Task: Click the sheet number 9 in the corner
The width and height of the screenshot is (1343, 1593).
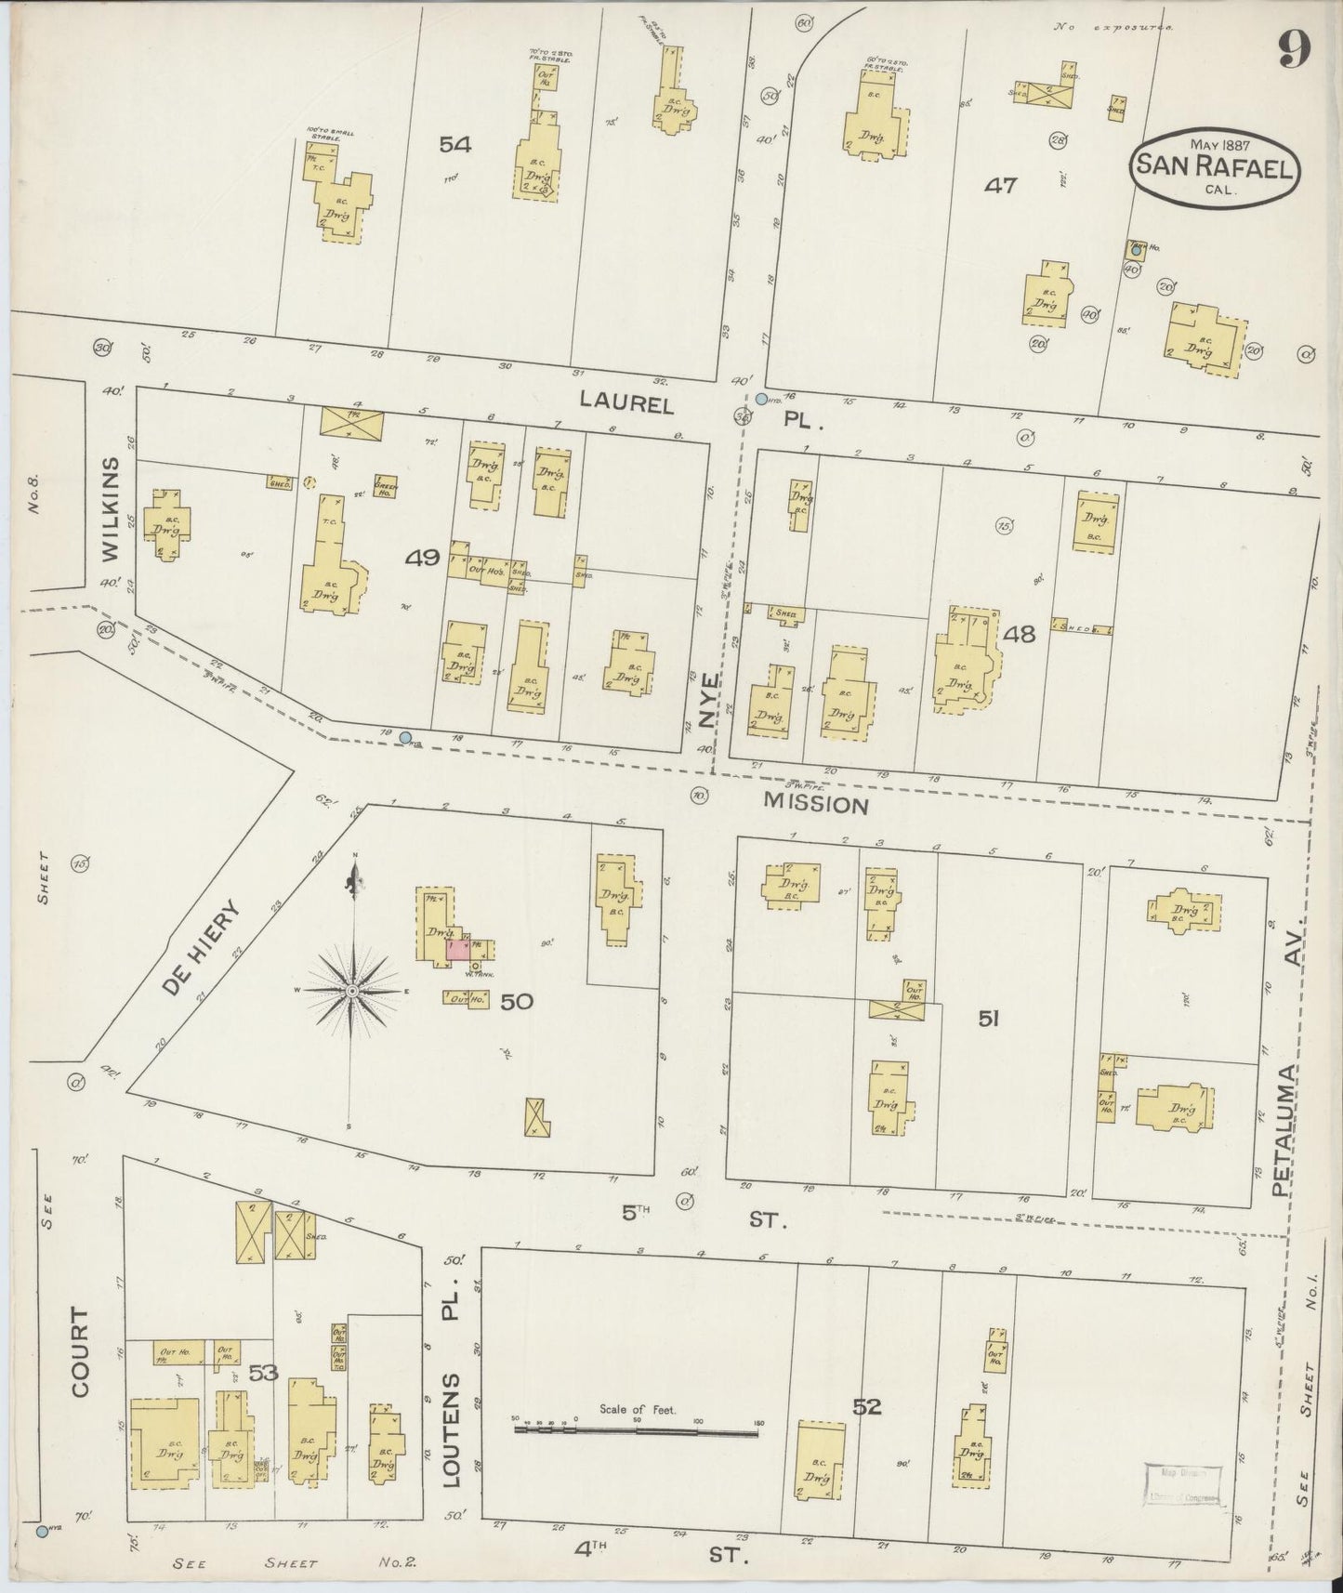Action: click(x=1293, y=50)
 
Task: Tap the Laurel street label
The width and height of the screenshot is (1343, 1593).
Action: click(x=625, y=402)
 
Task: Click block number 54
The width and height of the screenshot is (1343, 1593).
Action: click(x=455, y=144)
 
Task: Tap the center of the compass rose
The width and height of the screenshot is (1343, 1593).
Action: click(x=353, y=993)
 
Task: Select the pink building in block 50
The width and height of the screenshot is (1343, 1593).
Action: click(x=457, y=949)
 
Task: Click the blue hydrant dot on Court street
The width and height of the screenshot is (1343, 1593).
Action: click(x=41, y=1530)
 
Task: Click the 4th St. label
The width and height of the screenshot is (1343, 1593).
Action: click(x=589, y=1548)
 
